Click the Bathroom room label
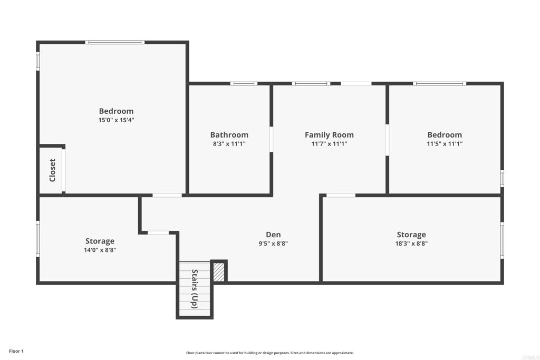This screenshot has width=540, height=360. [x=229, y=135]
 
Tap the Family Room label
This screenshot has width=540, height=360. [x=329, y=135]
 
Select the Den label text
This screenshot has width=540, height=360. [x=273, y=235]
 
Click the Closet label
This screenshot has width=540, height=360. [x=52, y=170]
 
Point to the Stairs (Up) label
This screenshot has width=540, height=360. [x=194, y=289]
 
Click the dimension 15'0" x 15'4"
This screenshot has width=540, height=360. [x=116, y=120]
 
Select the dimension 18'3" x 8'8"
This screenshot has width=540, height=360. [x=411, y=244]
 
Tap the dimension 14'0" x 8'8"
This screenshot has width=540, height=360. [x=100, y=250]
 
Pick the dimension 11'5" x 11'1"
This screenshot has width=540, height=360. [x=445, y=144]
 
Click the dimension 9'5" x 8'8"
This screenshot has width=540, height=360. [x=273, y=244]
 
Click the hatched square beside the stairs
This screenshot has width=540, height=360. [x=219, y=271]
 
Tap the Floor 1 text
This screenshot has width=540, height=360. [x=16, y=351]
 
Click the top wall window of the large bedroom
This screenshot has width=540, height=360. [x=115, y=42]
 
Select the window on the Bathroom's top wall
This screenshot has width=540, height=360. [x=244, y=83]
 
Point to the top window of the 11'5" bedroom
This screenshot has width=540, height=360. [x=439, y=83]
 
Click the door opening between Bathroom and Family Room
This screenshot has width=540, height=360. [x=272, y=140]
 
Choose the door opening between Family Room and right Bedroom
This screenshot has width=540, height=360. [x=387, y=140]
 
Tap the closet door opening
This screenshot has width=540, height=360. [x=64, y=171]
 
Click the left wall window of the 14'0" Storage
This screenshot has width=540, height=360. [x=38, y=239]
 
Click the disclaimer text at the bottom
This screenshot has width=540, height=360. [x=269, y=353]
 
